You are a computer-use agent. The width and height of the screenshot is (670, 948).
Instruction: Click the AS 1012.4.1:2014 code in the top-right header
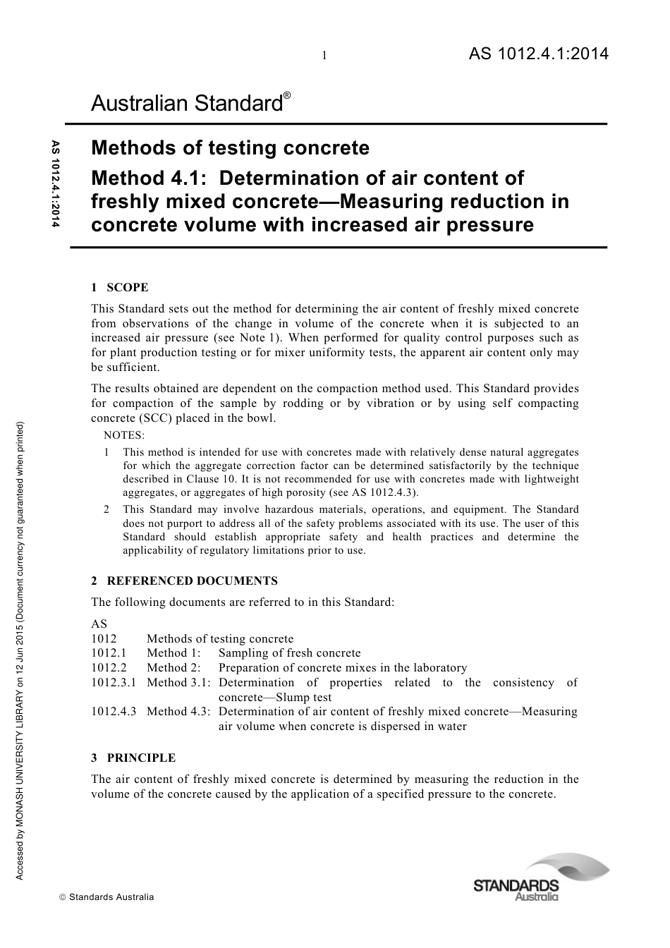[x=538, y=54]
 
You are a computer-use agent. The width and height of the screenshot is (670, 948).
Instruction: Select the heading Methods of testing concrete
[x=230, y=148]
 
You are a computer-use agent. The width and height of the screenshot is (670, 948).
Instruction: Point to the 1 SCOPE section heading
[x=119, y=287]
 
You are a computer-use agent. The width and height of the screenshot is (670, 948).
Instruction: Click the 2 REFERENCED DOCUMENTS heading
[x=184, y=581]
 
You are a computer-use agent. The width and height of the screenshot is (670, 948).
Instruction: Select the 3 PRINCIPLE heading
[x=133, y=758]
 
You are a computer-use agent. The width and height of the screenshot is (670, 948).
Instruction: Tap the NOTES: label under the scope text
[x=124, y=435]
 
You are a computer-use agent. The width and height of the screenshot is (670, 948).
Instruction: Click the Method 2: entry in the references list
[x=173, y=667]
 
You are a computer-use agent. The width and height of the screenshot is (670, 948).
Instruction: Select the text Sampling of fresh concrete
[x=289, y=652]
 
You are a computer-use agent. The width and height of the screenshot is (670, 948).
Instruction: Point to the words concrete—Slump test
[x=274, y=697]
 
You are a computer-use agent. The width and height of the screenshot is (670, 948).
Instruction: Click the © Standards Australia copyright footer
[x=106, y=897]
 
